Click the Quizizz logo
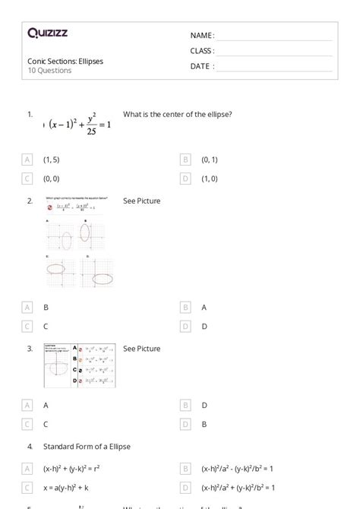pyautogui.click(x=47, y=33)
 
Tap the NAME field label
pyautogui.click(x=202, y=36)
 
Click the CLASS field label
pyautogui.click(x=202, y=51)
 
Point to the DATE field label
pyautogui.click(x=202, y=66)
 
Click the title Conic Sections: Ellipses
pyautogui.click(x=65, y=61)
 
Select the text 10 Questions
pyautogui.click(x=49, y=71)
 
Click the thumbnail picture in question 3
pyautogui.click(x=79, y=366)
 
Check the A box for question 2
pyautogui.click(x=186, y=308)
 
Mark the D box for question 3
pyautogui.click(x=186, y=425)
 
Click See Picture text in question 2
pyautogui.click(x=142, y=201)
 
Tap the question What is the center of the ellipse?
pyautogui.click(x=177, y=115)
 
